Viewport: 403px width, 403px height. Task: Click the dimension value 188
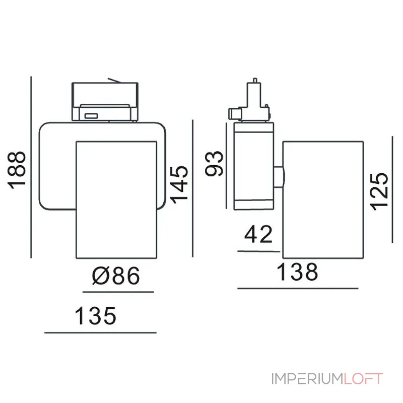pyautogui.click(x=17, y=170)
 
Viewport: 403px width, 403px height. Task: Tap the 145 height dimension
pyautogui.click(x=179, y=185)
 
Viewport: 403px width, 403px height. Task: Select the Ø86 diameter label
pyautogui.click(x=116, y=276)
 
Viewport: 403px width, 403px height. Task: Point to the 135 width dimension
pyautogui.click(x=95, y=315)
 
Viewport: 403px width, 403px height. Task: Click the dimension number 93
pyautogui.click(x=214, y=164)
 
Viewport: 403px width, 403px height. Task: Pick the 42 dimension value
pyautogui.click(x=258, y=234)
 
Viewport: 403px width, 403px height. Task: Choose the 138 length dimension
pyautogui.click(x=297, y=272)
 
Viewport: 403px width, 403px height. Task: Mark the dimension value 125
pyautogui.click(x=379, y=192)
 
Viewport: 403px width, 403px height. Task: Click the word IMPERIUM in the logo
pyautogui.click(x=307, y=379)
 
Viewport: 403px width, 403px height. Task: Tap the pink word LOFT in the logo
pyautogui.click(x=363, y=379)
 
